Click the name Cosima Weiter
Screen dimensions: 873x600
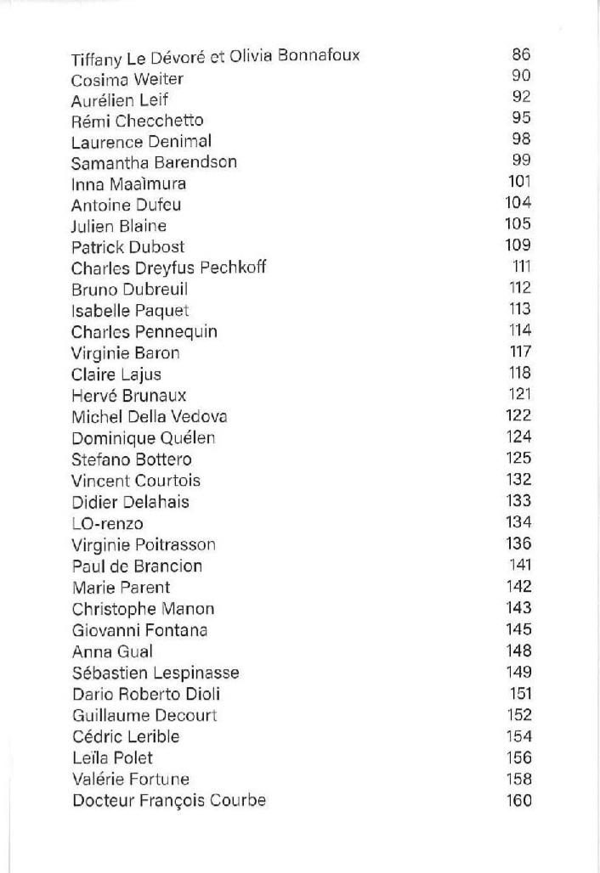127,79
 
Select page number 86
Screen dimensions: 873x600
521,55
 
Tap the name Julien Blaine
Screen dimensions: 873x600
119,226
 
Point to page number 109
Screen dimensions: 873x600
518,245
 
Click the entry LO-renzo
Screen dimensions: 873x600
107,523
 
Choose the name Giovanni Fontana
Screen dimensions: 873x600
140,630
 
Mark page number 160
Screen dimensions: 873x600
518,800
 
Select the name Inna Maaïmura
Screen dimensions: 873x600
128,183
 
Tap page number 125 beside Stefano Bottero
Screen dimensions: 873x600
518,459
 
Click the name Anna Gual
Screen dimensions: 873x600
112,651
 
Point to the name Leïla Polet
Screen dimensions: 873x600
112,758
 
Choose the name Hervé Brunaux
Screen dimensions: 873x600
129,396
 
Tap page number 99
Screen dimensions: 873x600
521,161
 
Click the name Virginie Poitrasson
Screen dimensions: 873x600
144,544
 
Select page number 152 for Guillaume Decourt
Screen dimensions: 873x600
518,715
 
